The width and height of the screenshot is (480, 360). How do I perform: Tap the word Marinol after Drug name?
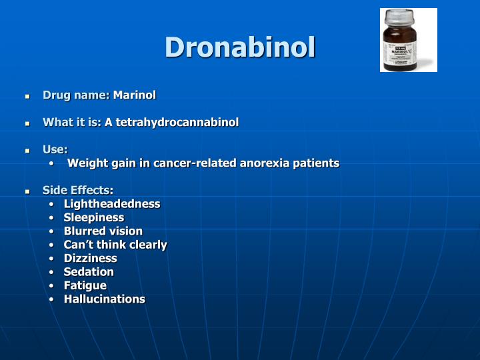(x=134, y=95)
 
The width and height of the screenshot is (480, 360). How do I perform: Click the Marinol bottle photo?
(x=408, y=41)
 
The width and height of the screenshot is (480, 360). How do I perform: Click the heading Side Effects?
(x=78, y=191)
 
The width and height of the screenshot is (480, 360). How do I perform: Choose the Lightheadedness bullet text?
(x=112, y=204)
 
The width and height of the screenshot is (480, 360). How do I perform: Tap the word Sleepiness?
(x=94, y=217)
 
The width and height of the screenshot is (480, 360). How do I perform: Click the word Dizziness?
(x=90, y=258)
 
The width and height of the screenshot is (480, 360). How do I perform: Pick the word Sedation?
(x=89, y=272)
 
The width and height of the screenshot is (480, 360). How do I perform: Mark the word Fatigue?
(x=85, y=285)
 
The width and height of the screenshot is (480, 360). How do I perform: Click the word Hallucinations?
(x=104, y=299)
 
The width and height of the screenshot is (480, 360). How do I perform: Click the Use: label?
(x=55, y=150)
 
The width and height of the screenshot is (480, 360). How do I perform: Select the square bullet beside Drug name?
(x=28, y=97)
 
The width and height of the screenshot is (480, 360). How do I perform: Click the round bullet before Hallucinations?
(x=52, y=299)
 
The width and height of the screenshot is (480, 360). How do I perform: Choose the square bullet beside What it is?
(x=28, y=124)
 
